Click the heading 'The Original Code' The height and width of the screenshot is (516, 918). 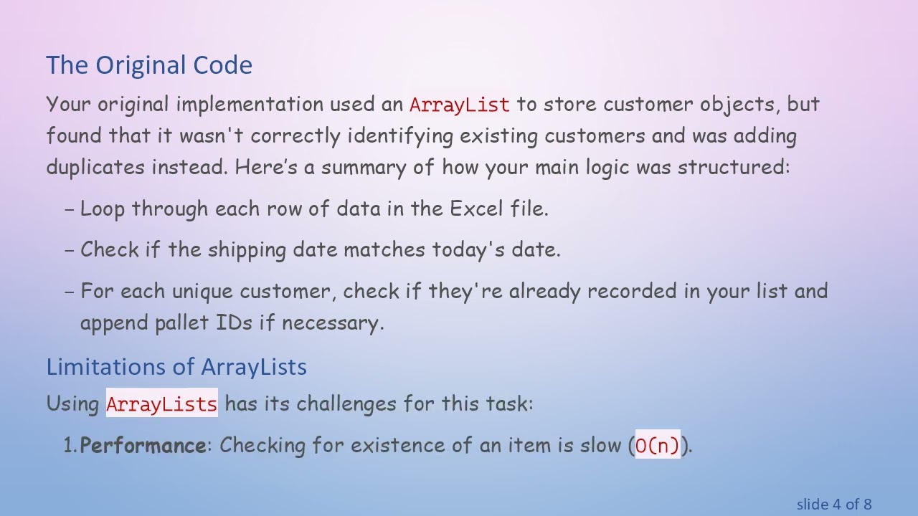point(149,65)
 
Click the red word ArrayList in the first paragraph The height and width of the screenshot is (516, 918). point(459,105)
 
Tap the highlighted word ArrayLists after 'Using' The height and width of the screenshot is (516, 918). point(161,403)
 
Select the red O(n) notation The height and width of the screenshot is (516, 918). point(657,446)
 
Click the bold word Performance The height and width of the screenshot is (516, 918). point(143,446)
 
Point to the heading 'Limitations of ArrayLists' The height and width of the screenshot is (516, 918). point(176,367)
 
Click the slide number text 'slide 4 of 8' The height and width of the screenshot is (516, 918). point(833,505)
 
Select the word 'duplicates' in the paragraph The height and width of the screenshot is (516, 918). point(95,168)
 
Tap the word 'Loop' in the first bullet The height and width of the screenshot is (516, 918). point(102,209)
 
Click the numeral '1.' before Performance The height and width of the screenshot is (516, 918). point(70,446)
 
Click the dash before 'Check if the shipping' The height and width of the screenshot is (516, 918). point(70,250)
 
